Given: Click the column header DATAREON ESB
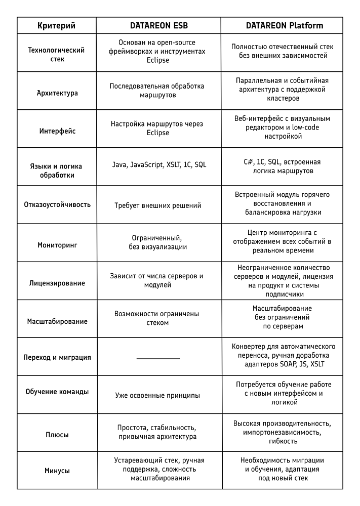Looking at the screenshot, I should [x=159, y=25].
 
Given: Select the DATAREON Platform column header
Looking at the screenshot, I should [x=285, y=25].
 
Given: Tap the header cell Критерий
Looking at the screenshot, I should [x=57, y=25].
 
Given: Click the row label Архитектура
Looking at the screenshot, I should [x=57, y=93].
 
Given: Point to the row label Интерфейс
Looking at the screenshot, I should [x=57, y=131].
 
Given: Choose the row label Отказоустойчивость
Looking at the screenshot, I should [x=57, y=204].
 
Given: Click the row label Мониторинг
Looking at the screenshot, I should [x=57, y=245].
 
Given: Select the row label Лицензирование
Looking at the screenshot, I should [x=57, y=283].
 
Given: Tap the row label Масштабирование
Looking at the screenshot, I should [x=57, y=321].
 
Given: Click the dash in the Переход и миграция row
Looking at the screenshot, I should [x=158, y=359].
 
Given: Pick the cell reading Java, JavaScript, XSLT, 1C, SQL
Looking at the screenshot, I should [x=159, y=164].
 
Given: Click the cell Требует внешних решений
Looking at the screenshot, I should [x=157, y=205].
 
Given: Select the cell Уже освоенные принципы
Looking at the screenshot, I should [x=157, y=395].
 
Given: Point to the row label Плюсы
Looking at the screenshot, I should [x=57, y=435].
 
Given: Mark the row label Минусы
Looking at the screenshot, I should [x=57, y=471].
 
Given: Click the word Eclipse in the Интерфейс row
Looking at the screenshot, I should [x=158, y=133].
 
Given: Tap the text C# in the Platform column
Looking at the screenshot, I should [x=249, y=162].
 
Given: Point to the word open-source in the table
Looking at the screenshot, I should [x=175, y=43].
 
